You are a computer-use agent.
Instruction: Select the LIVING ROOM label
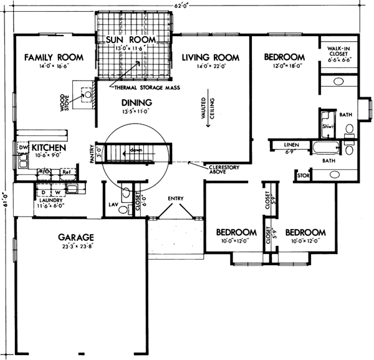tap(208, 57)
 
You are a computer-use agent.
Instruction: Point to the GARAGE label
tap(76, 238)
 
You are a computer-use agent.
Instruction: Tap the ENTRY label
tap(175, 199)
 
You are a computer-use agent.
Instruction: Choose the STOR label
tap(304, 176)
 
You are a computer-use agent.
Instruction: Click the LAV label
tap(114, 203)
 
